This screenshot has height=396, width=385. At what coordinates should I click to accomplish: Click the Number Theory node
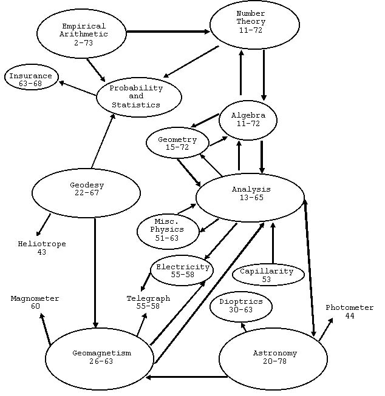coord(254,25)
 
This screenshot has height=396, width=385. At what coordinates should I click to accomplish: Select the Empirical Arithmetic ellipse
coord(83,34)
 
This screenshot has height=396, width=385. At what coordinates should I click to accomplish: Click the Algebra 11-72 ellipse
coord(248,118)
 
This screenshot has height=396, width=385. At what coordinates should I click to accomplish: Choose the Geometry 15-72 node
coord(177,143)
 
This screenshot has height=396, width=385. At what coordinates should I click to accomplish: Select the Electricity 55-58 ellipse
coord(182,270)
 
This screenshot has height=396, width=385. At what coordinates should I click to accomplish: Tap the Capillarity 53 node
coord(267,275)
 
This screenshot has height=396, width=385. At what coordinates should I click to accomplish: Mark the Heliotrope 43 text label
coord(42,247)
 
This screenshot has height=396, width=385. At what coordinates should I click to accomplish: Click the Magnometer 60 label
coord(35,302)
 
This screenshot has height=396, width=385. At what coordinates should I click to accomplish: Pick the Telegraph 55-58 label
coord(148,302)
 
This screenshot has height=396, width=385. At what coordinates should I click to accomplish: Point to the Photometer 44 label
coord(349,312)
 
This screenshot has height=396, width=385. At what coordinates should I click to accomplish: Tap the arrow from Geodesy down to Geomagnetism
coord(95,273)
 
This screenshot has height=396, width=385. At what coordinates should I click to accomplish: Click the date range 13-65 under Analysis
coord(251,198)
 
